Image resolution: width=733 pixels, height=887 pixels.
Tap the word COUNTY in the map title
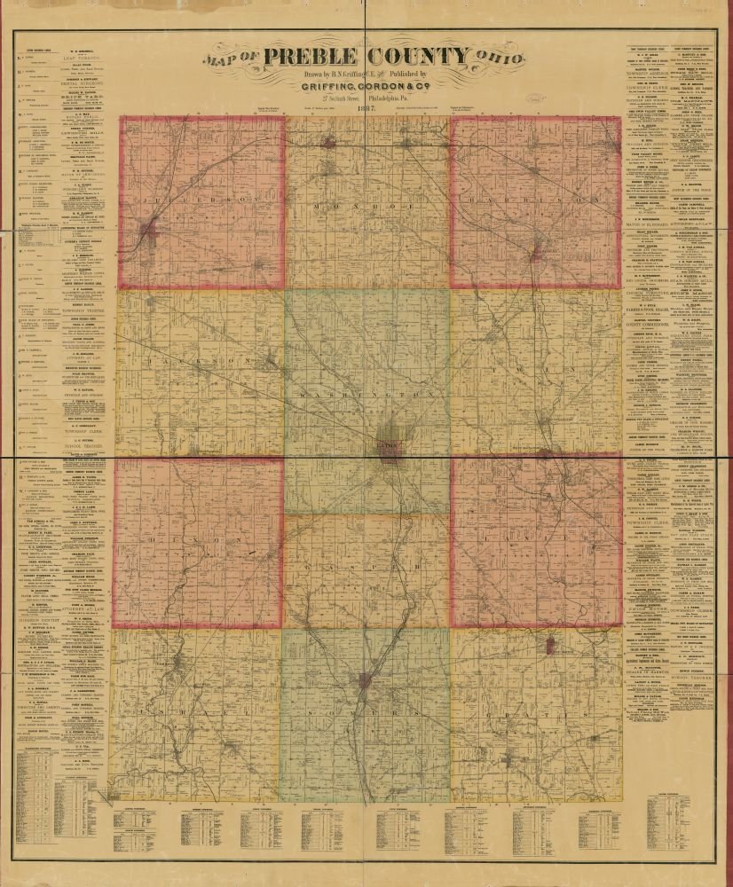tap(418, 57)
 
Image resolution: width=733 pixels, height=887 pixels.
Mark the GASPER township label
tap(367, 563)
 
